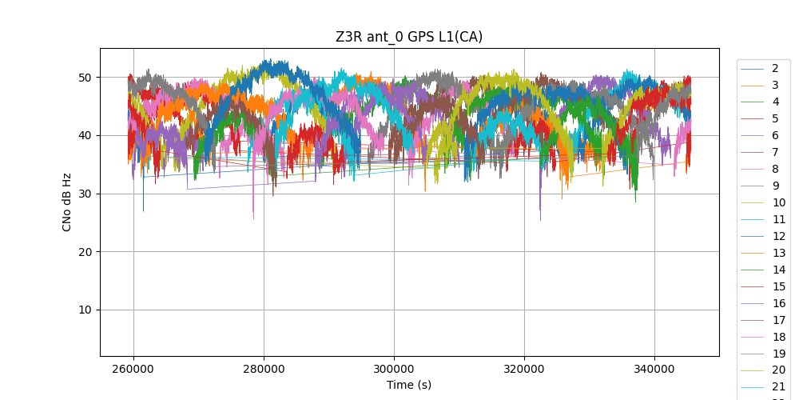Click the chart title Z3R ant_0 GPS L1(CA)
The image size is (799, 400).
409,37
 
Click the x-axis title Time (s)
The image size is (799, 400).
409,385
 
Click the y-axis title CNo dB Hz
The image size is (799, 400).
67,202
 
